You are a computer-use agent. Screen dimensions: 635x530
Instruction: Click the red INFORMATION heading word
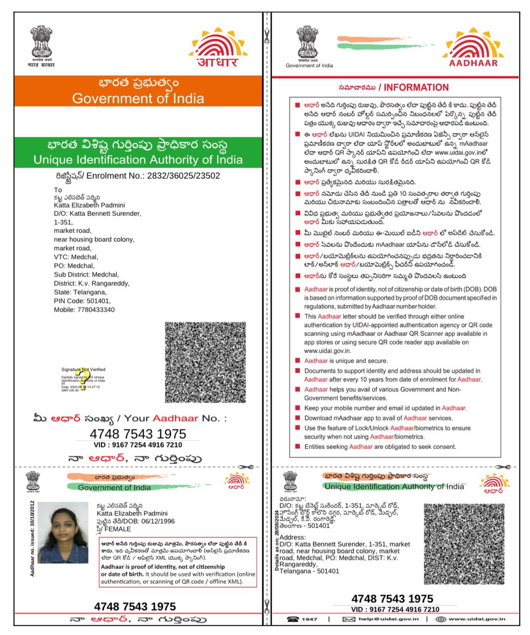[416, 87]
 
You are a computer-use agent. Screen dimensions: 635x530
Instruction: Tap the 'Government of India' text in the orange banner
[138, 98]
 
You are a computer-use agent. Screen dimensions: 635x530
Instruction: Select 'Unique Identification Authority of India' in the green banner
[138, 160]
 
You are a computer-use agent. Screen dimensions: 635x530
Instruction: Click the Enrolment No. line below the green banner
[138, 176]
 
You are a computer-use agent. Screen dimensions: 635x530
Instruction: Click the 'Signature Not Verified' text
[83, 369]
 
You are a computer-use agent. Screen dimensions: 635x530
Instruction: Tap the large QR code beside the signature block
[205, 362]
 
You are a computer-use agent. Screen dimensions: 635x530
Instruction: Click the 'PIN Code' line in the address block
[82, 301]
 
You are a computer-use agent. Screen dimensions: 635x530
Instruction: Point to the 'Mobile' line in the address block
[84, 310]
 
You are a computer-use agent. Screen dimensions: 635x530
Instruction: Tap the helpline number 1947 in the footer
[309, 619]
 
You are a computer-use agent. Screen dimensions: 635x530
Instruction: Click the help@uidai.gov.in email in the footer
[388, 619]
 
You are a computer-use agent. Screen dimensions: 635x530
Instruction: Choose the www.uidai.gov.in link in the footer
[477, 619]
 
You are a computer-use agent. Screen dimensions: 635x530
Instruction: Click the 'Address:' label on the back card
[293, 537]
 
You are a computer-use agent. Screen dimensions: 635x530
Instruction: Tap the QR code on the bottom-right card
[464, 544]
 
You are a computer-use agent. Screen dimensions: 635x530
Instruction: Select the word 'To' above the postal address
[58, 190]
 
